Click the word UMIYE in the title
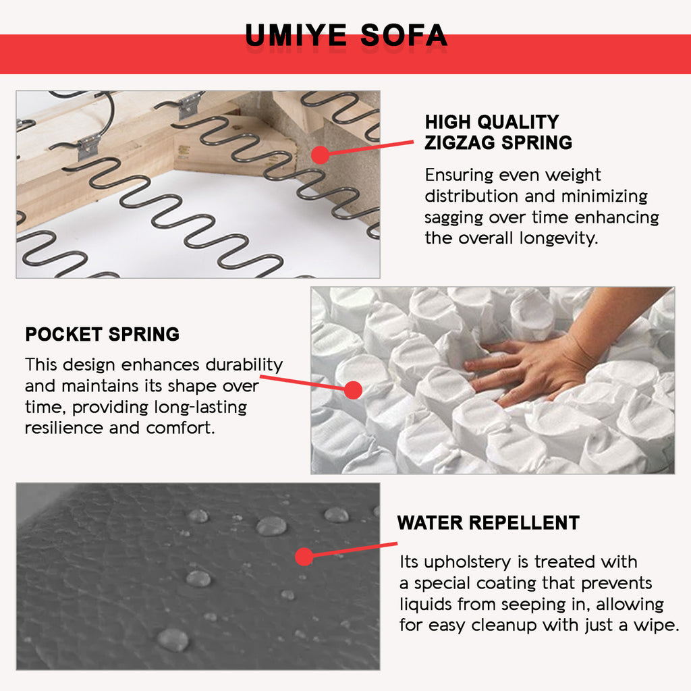point(296,35)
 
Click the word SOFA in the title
point(404,35)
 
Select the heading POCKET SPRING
point(103,335)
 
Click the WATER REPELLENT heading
point(489,523)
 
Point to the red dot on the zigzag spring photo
point(321,155)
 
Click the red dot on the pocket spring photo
point(353,390)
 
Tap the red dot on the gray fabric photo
point(304,557)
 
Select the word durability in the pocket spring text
point(244,365)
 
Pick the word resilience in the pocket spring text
point(64,428)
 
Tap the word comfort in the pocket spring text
point(180,428)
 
